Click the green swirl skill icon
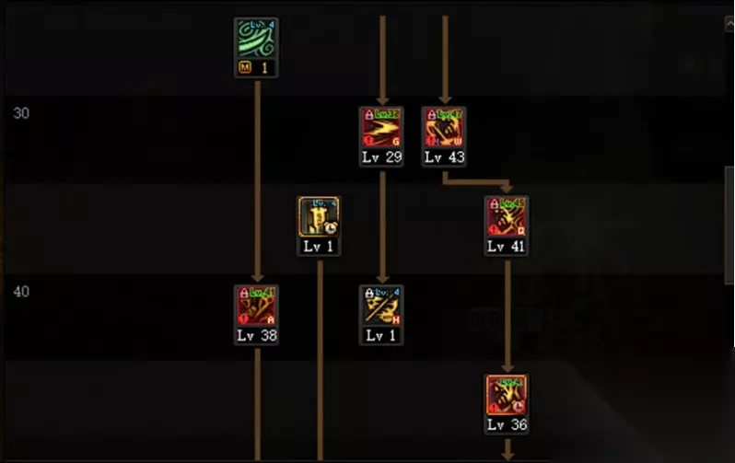(x=256, y=40)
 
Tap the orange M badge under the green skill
(x=244, y=68)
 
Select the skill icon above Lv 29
(x=381, y=127)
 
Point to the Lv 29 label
(x=381, y=157)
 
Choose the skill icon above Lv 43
(x=444, y=127)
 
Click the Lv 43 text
(x=444, y=157)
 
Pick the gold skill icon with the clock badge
(x=319, y=217)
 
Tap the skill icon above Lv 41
(x=507, y=216)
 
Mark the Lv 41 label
(x=507, y=247)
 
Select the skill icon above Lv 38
(x=256, y=306)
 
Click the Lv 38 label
(x=256, y=336)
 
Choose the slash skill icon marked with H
(x=381, y=306)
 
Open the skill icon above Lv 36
(x=507, y=395)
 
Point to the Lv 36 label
(x=507, y=425)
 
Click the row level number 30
(x=21, y=113)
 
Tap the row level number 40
(x=21, y=292)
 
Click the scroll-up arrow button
(x=728, y=25)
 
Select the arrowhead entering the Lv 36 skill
(x=507, y=367)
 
